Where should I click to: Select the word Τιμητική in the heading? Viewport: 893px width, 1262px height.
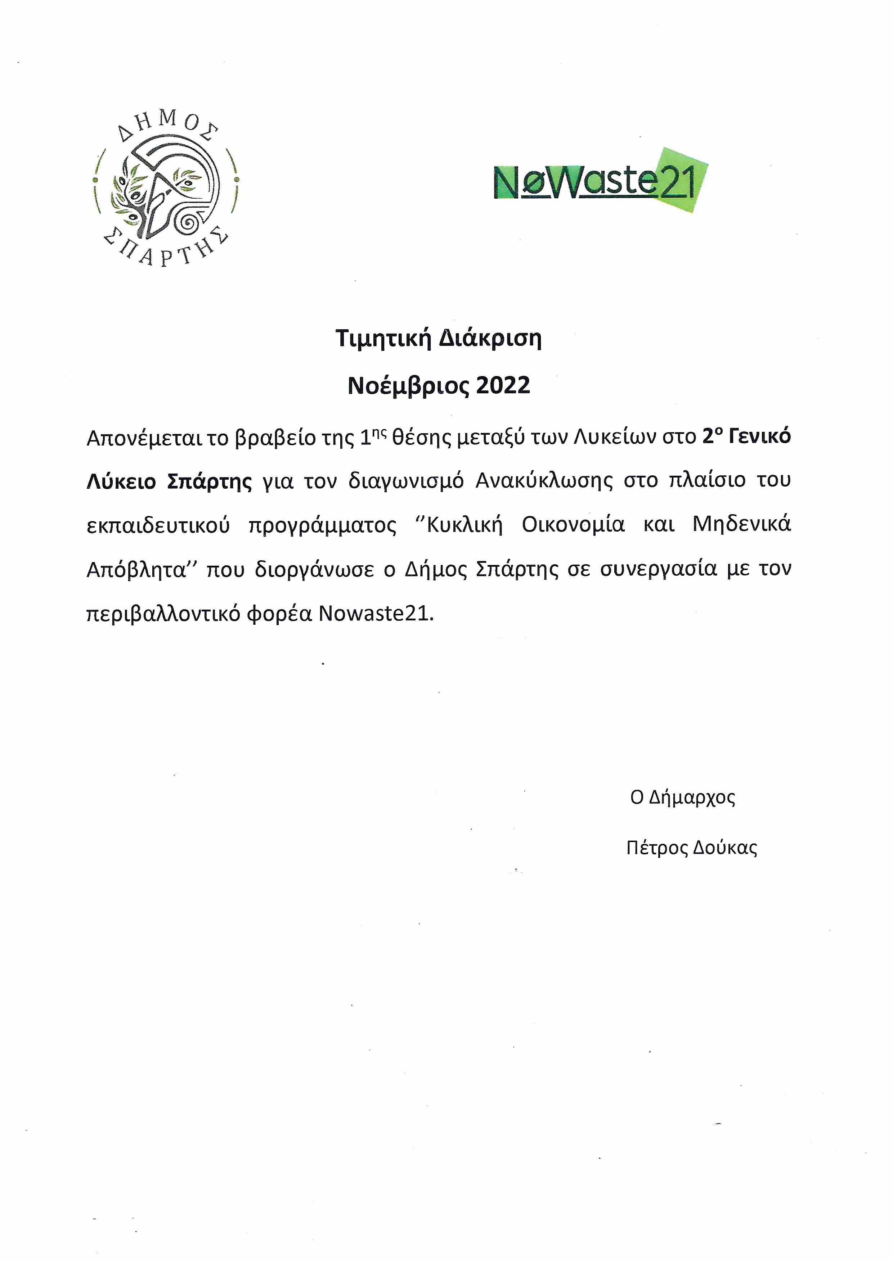point(383,339)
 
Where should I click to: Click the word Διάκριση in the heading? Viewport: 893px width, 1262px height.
point(490,339)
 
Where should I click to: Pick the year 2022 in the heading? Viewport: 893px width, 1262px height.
point(503,386)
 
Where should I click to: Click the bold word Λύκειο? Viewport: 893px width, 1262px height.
point(121,481)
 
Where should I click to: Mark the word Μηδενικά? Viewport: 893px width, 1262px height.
point(741,524)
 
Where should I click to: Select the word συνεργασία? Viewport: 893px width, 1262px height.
point(658,569)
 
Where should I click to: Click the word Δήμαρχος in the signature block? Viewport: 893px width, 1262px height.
point(692,797)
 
